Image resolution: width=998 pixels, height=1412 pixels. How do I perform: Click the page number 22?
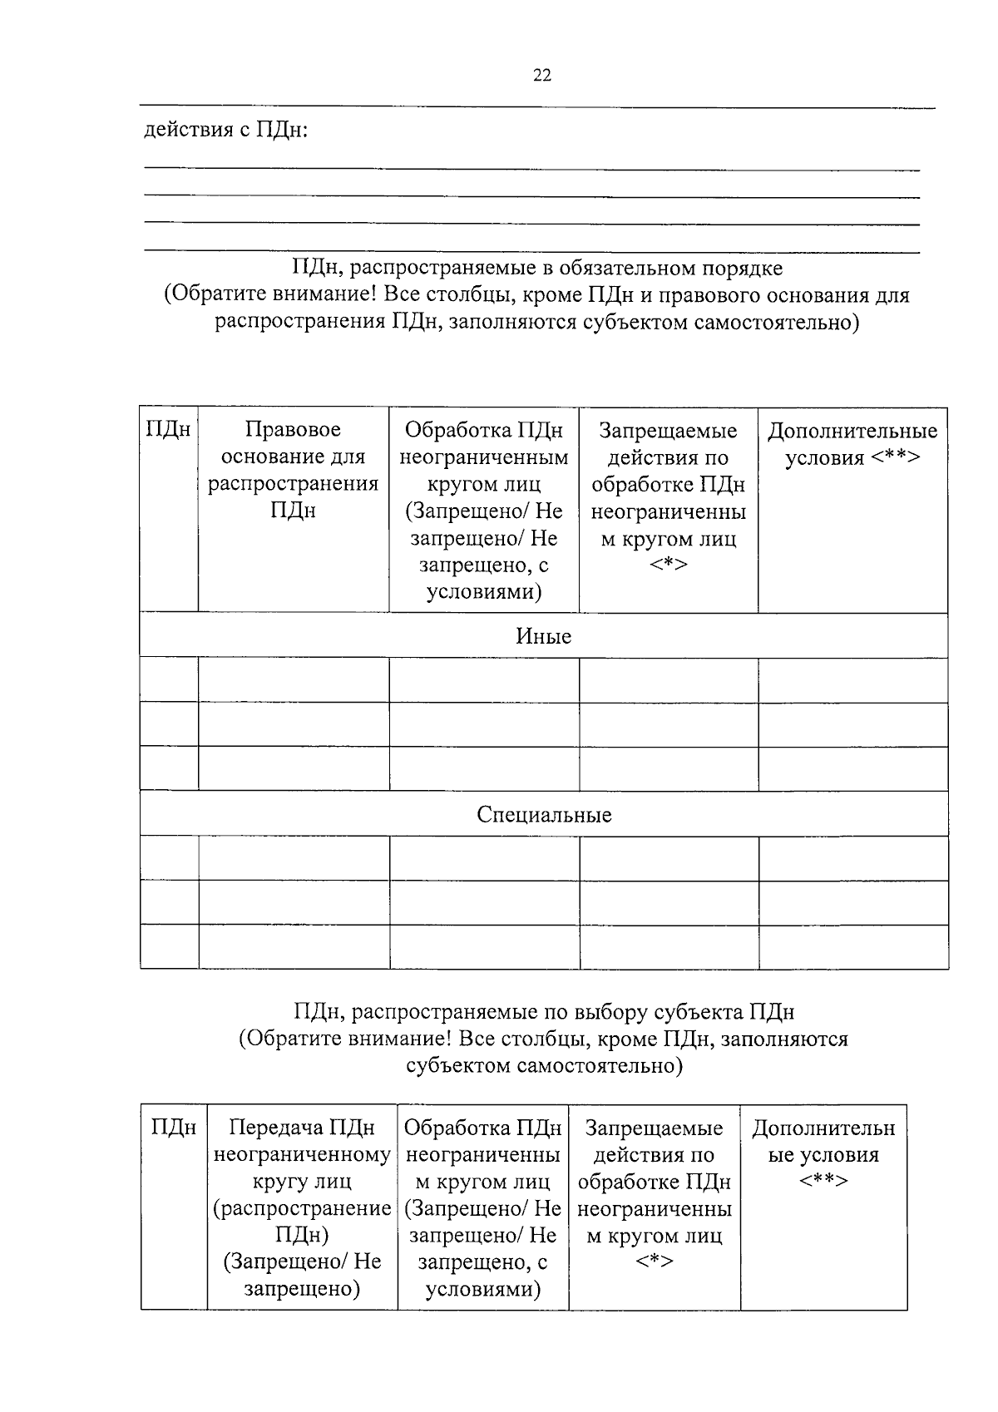click(x=541, y=76)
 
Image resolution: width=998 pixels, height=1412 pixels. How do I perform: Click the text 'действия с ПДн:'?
click(x=226, y=131)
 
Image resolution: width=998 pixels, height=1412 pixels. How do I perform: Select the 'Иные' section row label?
click(x=543, y=636)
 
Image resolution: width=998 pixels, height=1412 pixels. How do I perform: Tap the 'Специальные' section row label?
click(x=544, y=814)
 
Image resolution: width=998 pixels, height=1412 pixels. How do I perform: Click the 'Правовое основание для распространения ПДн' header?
click(x=293, y=470)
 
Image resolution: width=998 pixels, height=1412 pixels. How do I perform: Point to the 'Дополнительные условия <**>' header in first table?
click(x=852, y=444)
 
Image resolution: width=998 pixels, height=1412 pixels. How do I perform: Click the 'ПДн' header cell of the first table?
click(x=168, y=430)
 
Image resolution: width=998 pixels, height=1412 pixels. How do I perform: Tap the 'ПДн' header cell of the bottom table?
click(x=174, y=1128)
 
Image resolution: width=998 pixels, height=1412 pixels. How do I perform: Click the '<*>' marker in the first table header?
click(x=668, y=565)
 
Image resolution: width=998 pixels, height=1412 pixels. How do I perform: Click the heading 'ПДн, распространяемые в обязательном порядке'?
click(x=536, y=269)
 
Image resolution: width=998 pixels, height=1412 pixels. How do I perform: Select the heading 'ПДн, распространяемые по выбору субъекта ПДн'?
click(x=544, y=1012)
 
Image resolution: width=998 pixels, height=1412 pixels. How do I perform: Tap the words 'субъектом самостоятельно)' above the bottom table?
click(x=544, y=1065)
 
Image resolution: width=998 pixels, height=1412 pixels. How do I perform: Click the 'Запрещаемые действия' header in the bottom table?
click(x=654, y=1142)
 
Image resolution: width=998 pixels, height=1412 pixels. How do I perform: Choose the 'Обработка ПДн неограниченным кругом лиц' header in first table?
click(x=483, y=470)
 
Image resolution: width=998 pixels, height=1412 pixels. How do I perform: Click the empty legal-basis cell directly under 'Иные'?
click(x=293, y=679)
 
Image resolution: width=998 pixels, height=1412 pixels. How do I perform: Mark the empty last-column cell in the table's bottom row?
click(x=852, y=946)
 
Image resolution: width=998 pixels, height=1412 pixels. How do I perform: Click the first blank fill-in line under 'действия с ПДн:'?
click(x=532, y=168)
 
